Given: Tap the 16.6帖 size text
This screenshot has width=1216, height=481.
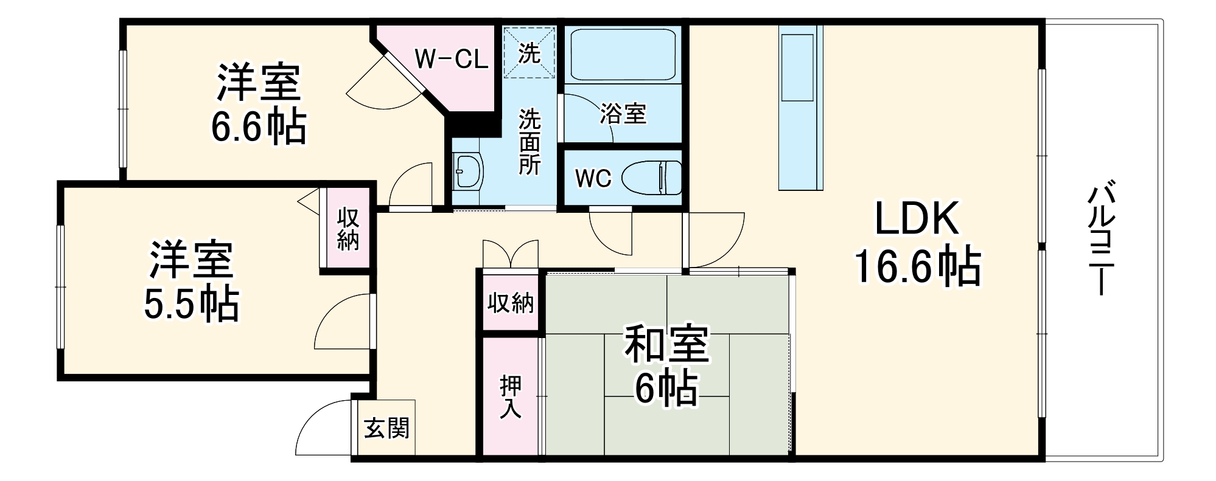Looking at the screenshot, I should (x=918, y=266).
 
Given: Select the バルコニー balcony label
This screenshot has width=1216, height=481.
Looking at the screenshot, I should (x=1099, y=237).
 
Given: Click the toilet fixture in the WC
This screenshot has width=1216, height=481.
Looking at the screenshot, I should (x=652, y=178).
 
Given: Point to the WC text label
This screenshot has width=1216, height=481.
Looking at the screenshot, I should (x=593, y=179).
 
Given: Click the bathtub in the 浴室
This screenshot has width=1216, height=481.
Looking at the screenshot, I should (x=623, y=54).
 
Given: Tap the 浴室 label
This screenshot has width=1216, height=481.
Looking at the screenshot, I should (x=623, y=114).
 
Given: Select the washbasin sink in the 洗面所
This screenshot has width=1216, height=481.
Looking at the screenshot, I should (x=468, y=171).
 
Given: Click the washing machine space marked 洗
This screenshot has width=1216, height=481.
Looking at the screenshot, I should (x=529, y=53).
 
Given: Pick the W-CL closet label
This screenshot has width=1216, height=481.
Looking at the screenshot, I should (x=451, y=60).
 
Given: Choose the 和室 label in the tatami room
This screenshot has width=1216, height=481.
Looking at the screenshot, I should (x=666, y=344).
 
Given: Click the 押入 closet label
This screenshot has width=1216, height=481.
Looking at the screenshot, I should (x=510, y=397).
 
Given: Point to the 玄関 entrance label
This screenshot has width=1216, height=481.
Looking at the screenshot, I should (x=386, y=429).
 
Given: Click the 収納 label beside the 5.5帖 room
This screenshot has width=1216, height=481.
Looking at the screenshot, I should (x=348, y=229).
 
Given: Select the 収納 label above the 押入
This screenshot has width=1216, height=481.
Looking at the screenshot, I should (x=510, y=302).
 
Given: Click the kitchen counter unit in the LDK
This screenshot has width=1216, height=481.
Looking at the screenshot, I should (x=800, y=108).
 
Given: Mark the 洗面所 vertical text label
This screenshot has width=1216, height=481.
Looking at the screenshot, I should (x=529, y=142).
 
